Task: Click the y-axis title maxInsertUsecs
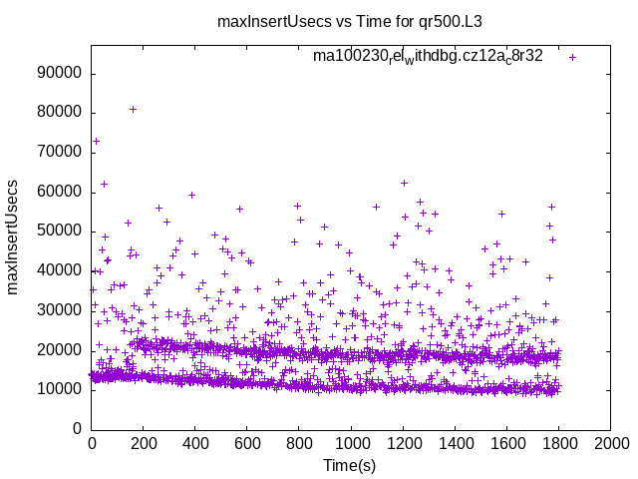(x=14, y=237)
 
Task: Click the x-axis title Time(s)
(x=350, y=465)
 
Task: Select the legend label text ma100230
(x=428, y=57)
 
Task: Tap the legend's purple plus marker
(x=572, y=57)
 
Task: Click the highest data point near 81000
(x=134, y=109)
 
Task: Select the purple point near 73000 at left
(x=96, y=141)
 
